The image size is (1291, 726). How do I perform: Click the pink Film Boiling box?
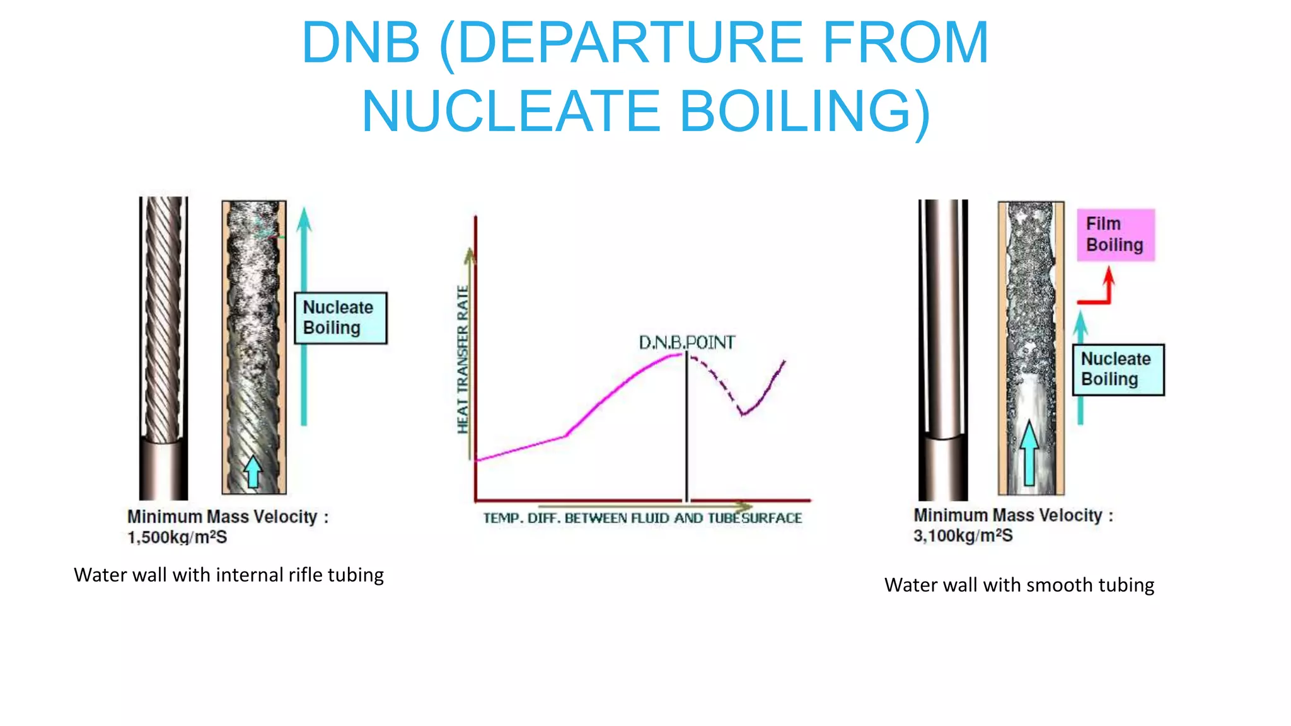[1115, 234]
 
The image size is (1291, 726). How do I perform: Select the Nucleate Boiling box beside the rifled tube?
[340, 318]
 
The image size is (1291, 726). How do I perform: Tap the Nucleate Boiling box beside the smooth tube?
[1118, 369]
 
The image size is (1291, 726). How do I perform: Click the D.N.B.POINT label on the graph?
[686, 342]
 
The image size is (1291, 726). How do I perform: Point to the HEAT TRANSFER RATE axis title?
[463, 359]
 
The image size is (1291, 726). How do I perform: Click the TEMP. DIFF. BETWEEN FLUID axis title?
[642, 518]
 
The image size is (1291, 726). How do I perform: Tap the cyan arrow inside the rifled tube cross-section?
[253, 472]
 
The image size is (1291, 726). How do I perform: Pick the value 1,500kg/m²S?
[177, 538]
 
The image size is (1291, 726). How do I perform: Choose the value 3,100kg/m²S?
[963, 536]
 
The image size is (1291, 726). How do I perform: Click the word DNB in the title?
[361, 43]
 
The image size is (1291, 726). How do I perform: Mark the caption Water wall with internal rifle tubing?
[229, 575]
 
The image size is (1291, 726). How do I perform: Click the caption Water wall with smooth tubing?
[1019, 585]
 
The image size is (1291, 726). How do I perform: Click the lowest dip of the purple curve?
[743, 414]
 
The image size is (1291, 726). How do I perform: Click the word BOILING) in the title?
[804, 111]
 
